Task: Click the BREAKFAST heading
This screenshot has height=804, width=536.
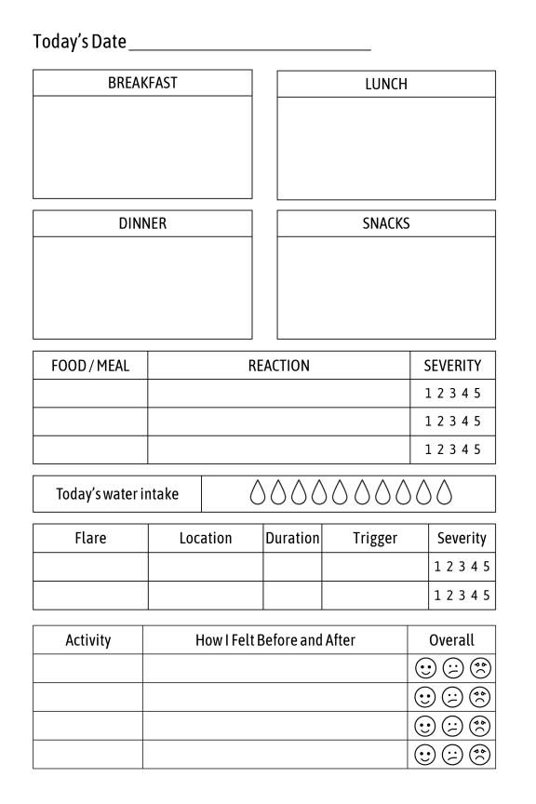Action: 142,83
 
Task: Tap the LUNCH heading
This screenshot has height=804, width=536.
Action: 386,84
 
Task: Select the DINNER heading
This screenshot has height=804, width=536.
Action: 142,223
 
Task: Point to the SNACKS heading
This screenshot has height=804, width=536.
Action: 386,223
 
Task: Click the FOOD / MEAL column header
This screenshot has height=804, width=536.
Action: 90,366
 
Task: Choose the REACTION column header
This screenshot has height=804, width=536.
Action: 278,366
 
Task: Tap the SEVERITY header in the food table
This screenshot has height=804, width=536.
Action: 452,366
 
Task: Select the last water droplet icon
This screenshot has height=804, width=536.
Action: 444,493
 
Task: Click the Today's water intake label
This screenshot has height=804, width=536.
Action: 117,494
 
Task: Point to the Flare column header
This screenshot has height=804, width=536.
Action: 90,538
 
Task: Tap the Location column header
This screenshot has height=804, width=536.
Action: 206,538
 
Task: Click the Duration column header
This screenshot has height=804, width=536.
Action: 292,538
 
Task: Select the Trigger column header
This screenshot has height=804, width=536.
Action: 375,538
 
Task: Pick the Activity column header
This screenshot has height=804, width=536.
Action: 87,640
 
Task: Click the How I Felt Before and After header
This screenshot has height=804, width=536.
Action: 275,640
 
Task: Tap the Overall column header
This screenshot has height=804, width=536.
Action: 451,640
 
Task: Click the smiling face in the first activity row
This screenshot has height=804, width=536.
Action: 425,668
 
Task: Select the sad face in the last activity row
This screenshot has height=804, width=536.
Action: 480,754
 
